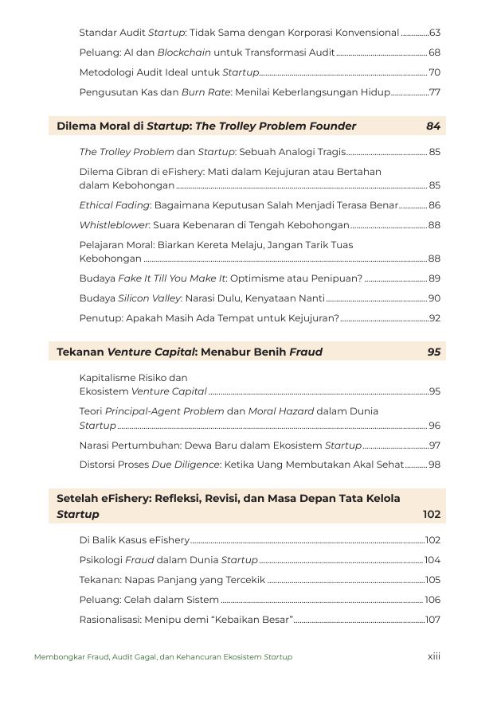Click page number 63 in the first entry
pos(435,33)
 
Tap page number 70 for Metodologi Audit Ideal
pos(435,72)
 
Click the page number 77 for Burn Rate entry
pos(435,92)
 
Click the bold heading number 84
pos(433,126)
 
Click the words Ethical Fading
pos(115,205)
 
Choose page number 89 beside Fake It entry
pos(435,278)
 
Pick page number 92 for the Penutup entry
pos(435,318)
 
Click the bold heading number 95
pos(433,352)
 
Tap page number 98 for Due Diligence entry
pos(435,465)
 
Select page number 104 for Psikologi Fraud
pos(432,560)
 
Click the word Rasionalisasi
pos(109,620)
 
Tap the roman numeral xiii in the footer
pos(434,656)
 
